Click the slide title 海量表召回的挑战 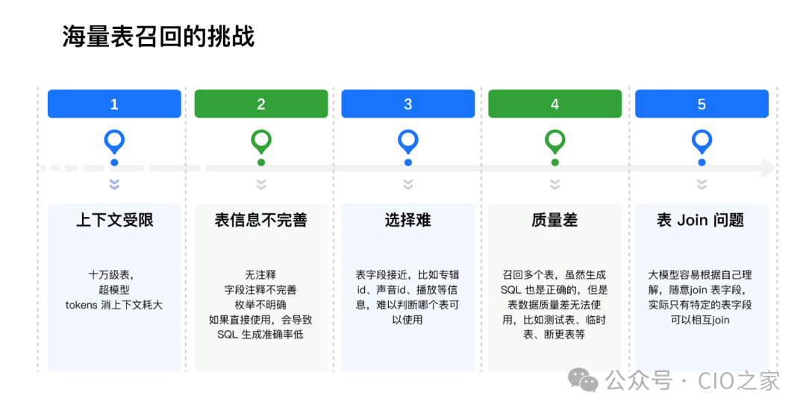click(x=158, y=36)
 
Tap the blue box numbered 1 click(x=114, y=104)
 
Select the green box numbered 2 click(x=261, y=104)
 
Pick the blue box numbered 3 click(x=408, y=104)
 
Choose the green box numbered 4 click(x=554, y=104)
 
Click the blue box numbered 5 click(x=702, y=104)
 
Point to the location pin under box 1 click(x=114, y=140)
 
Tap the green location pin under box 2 click(x=261, y=140)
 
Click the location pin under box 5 click(x=702, y=140)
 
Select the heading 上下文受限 click(x=114, y=220)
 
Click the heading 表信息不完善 click(x=261, y=220)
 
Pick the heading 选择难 click(x=408, y=220)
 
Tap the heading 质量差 click(x=554, y=220)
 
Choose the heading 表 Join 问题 click(x=701, y=220)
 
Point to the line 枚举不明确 click(x=260, y=305)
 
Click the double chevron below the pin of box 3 click(x=408, y=184)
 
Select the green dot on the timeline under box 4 click(x=554, y=163)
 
